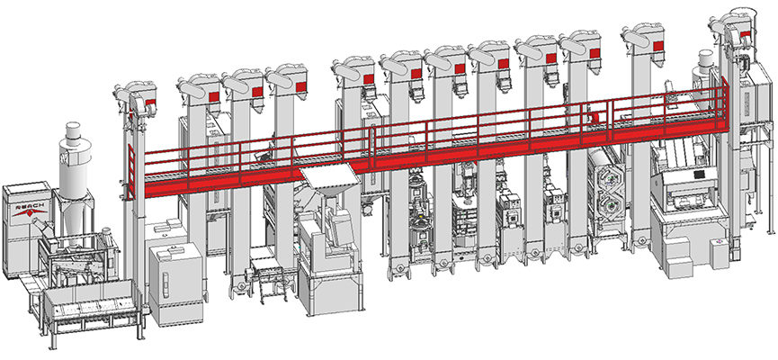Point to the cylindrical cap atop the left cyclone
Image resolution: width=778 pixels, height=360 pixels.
pyautogui.click(x=73, y=130)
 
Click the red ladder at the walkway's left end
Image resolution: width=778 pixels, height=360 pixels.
pyautogui.click(x=131, y=171)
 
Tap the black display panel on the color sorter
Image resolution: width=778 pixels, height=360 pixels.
pyautogui.click(x=699, y=175)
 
